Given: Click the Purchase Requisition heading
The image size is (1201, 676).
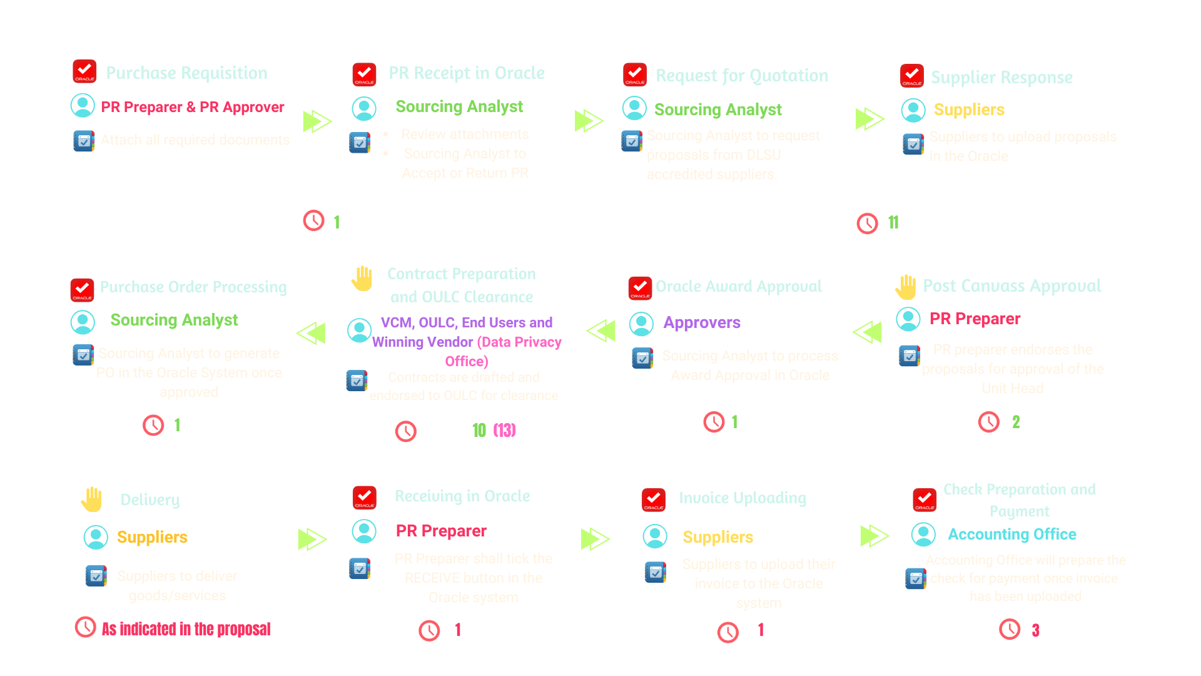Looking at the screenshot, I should pyautogui.click(x=186, y=73).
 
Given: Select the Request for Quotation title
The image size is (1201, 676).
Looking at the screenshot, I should pyautogui.click(x=741, y=76).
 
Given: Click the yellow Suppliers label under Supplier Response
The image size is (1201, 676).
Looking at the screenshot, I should pyautogui.click(x=968, y=110).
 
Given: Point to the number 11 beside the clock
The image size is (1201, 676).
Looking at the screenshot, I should pyautogui.click(x=893, y=222).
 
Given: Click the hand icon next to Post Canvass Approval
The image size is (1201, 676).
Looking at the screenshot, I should pyautogui.click(x=906, y=287).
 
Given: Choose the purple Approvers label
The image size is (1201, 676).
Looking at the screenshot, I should pyautogui.click(x=701, y=323).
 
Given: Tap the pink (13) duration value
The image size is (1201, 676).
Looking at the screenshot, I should pyautogui.click(x=504, y=430).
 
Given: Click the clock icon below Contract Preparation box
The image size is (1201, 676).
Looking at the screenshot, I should pyautogui.click(x=406, y=431).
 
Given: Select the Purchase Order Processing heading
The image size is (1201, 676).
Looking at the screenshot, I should pyautogui.click(x=193, y=287).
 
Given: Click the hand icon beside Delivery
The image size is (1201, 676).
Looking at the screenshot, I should pyautogui.click(x=92, y=499).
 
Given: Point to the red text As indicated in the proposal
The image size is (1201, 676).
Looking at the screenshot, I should pyautogui.click(x=186, y=629).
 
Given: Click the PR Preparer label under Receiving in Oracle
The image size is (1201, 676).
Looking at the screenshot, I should pyautogui.click(x=440, y=531).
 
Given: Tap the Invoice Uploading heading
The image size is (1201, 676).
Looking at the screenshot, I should pyautogui.click(x=742, y=498).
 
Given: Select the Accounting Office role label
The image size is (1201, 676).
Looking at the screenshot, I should pyautogui.click(x=1011, y=535).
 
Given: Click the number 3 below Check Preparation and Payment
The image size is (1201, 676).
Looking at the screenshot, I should pyautogui.click(x=1035, y=630).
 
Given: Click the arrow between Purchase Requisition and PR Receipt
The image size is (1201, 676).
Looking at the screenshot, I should pyautogui.click(x=317, y=121).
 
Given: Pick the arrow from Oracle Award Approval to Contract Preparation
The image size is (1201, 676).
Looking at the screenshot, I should pyautogui.click(x=601, y=330).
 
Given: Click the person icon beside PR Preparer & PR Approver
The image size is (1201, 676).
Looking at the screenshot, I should pyautogui.click(x=83, y=106).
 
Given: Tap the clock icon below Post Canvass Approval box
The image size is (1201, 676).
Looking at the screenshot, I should pyautogui.click(x=989, y=422).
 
